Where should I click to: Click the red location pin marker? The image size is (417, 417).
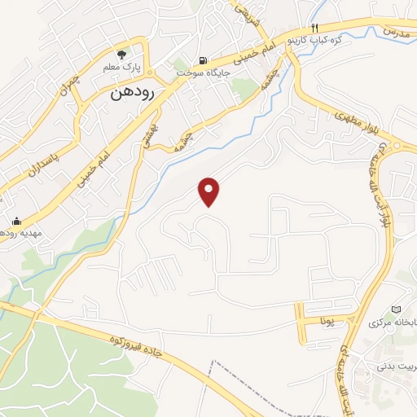click(x=210, y=191)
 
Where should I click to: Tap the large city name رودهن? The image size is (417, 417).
click(x=134, y=94)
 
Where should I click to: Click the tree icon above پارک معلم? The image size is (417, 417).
click(x=123, y=55)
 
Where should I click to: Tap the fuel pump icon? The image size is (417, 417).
click(x=203, y=59)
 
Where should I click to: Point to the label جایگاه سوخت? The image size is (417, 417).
click(x=204, y=72)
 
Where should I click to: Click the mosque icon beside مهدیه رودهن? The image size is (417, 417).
click(x=16, y=221)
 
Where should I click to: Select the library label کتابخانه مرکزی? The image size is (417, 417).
click(x=393, y=323)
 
